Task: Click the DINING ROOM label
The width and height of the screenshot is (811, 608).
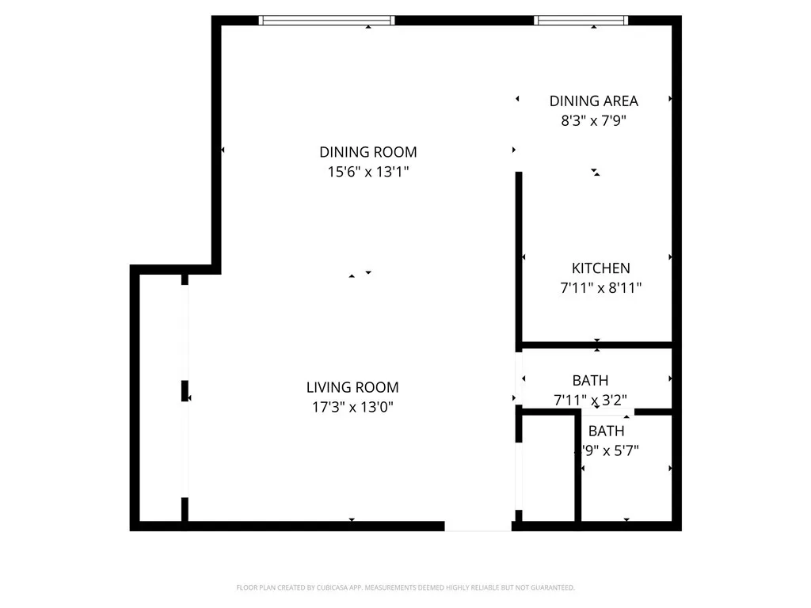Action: [x=367, y=152]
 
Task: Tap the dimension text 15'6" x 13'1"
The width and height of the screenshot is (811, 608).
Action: [x=367, y=172]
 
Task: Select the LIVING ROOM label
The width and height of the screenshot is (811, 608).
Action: [x=352, y=387]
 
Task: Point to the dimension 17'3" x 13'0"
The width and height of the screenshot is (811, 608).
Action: [x=352, y=408]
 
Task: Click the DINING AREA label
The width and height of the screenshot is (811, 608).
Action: [x=593, y=101]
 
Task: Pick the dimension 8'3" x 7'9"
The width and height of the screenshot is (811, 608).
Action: [x=593, y=121]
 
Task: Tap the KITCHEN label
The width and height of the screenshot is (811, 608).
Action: [x=600, y=268]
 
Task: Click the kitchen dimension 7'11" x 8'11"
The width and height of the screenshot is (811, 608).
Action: [x=600, y=288]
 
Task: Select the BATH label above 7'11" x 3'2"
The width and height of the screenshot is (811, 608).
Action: [x=590, y=381]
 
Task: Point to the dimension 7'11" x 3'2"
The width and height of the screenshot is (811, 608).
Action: [x=590, y=400]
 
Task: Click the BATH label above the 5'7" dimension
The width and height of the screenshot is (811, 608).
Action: [x=606, y=431]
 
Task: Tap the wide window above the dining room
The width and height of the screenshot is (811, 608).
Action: [x=327, y=21]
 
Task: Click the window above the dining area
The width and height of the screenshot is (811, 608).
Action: [x=581, y=21]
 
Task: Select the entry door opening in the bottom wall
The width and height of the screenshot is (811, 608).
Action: [x=478, y=526]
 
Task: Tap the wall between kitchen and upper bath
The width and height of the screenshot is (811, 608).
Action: [x=596, y=345]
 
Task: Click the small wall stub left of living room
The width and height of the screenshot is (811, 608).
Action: [x=185, y=391]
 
